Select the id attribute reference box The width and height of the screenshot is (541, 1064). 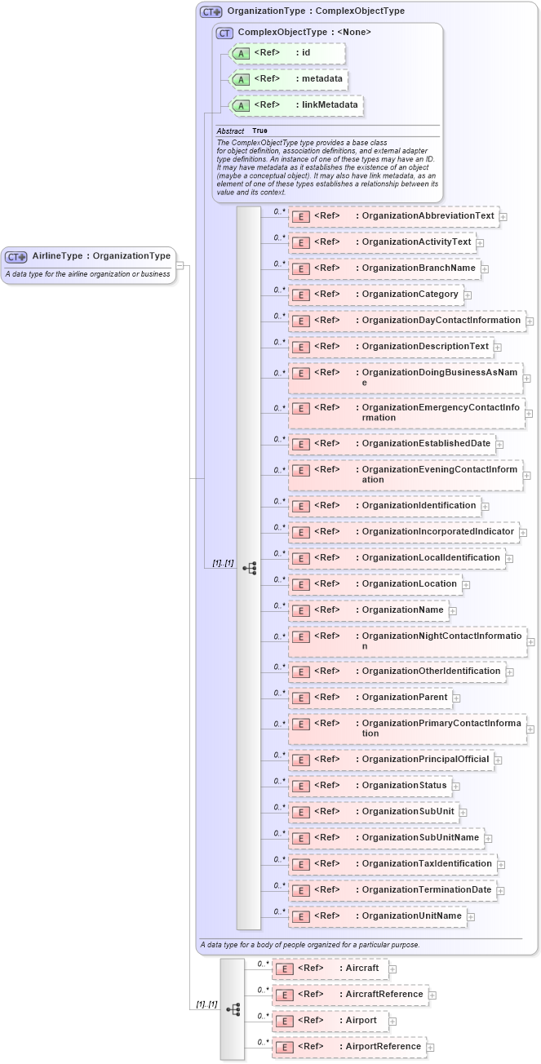288,53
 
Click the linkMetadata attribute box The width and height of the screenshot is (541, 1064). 296,105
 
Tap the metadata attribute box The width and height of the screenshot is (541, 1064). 290,79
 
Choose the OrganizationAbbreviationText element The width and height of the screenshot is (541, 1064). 394,216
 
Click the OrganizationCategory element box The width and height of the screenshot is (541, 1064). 376,295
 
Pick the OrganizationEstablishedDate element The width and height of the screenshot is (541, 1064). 392,444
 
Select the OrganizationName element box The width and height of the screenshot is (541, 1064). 369,610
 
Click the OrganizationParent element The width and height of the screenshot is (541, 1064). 370,698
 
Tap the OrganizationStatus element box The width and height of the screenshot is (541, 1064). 370,786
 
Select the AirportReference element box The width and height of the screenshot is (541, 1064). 349,1047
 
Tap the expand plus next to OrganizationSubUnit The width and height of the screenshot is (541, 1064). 463,812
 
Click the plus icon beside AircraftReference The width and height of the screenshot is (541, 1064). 432,995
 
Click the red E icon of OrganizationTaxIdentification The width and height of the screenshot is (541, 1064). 301,864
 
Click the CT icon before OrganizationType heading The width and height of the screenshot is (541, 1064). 211,12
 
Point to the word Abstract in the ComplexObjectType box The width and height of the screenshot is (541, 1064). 230,131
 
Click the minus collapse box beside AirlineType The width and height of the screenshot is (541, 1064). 180,265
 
